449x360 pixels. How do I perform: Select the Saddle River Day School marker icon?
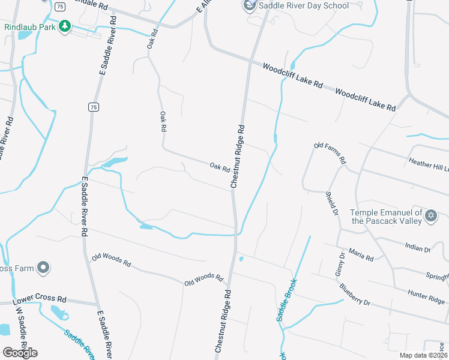[x=249, y=6]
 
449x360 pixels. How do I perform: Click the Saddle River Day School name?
[x=303, y=6]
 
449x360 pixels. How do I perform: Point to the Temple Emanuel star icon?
[x=430, y=215]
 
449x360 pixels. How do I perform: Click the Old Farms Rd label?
[x=330, y=154]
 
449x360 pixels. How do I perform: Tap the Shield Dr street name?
[x=331, y=202]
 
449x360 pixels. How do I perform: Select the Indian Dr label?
[x=418, y=247]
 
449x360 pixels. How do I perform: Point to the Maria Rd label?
[x=361, y=255]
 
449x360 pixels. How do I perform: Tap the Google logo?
[x=20, y=353]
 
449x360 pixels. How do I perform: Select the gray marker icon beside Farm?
[x=43, y=268]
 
